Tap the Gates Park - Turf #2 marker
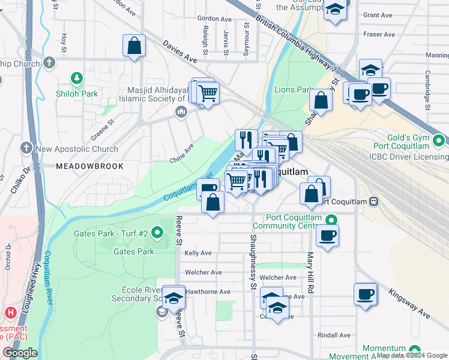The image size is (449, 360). pos(157,232)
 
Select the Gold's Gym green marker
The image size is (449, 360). pos(439,141)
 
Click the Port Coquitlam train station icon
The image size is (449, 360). pos(374,201)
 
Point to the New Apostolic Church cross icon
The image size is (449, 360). pos(26,148)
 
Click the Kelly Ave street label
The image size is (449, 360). pos(198,253)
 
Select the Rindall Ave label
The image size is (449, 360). pos(334,335)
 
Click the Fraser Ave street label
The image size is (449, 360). pos(379,35)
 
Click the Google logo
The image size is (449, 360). pos(20,353)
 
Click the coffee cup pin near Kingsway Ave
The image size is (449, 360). pos(365,295)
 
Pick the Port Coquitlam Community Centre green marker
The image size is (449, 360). pos(336,218)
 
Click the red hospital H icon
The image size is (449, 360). pos(10,313)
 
